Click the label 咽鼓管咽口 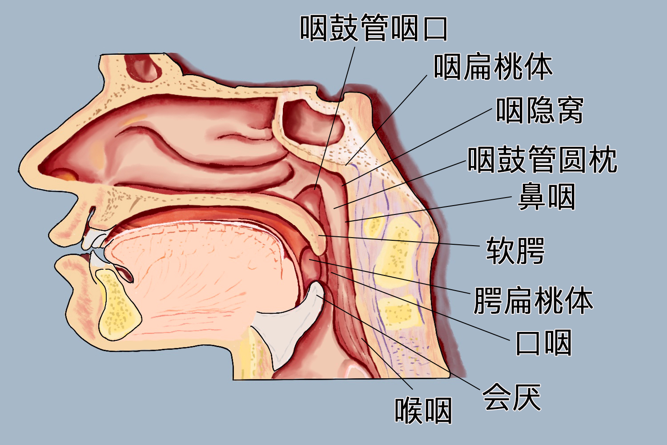click(x=374, y=28)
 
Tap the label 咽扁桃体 click(x=493, y=67)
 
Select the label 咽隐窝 click(x=539, y=110)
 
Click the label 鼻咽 click(x=546, y=197)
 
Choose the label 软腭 click(x=515, y=251)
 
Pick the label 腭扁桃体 click(x=533, y=300)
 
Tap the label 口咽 click(x=543, y=343)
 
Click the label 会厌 click(x=511, y=397)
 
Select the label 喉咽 click(x=423, y=410)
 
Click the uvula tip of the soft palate click(x=320, y=243)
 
